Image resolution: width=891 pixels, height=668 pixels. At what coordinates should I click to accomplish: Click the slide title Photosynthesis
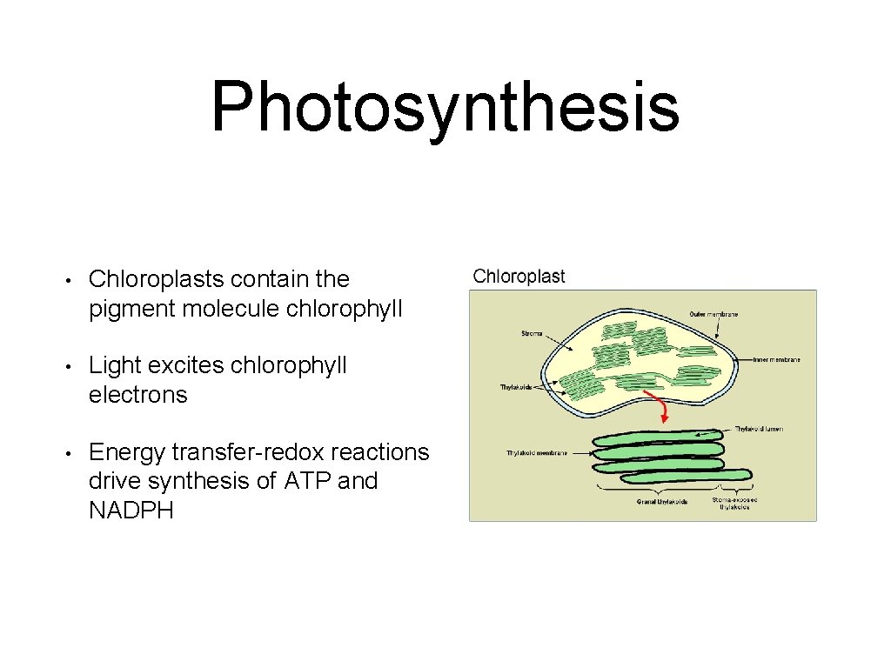[445, 107]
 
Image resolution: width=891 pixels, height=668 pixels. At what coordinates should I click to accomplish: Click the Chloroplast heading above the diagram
[519, 277]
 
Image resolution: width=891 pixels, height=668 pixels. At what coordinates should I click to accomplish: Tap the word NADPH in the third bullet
[131, 511]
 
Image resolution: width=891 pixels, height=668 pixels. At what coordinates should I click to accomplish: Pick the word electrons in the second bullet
[137, 395]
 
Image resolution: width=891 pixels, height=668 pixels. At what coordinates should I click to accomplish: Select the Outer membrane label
[713, 314]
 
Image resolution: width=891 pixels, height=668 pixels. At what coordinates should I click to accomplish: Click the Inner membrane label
[776, 359]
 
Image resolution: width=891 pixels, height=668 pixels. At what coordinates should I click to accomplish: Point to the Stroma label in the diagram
[532, 333]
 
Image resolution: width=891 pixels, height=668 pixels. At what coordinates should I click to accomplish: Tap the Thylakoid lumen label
[759, 429]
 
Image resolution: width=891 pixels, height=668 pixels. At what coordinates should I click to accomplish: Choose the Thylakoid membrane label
[537, 453]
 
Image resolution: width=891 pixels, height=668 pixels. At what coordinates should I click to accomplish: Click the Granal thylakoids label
[662, 501]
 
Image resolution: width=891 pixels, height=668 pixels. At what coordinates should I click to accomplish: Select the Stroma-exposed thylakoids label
[734, 504]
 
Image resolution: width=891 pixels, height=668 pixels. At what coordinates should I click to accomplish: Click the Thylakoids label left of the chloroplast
[515, 387]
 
